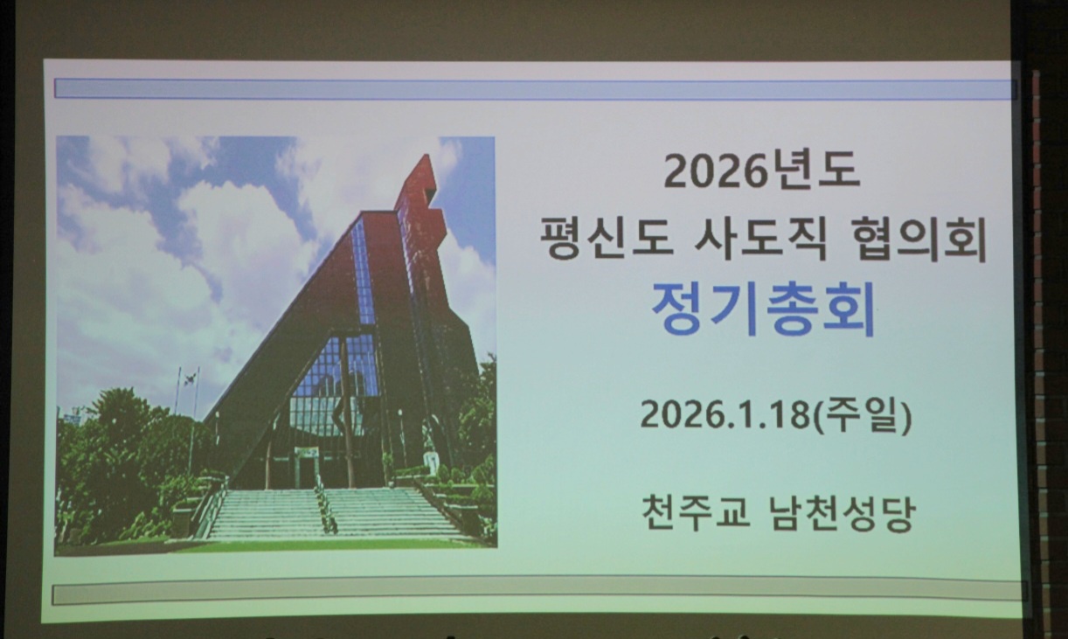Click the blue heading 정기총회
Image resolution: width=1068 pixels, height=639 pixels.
(763, 309)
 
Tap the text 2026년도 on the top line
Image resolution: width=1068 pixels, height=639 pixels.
(762, 170)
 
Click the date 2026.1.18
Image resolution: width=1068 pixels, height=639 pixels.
(725, 414)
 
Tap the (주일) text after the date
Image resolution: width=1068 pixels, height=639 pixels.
(861, 415)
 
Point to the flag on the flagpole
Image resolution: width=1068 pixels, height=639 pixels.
(190, 379)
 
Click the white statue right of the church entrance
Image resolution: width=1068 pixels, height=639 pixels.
(431, 459)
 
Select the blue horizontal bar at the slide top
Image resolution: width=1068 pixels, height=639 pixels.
(534, 89)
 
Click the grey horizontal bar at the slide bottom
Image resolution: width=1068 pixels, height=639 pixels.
(537, 593)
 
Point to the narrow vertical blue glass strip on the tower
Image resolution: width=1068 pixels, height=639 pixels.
(364, 272)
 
